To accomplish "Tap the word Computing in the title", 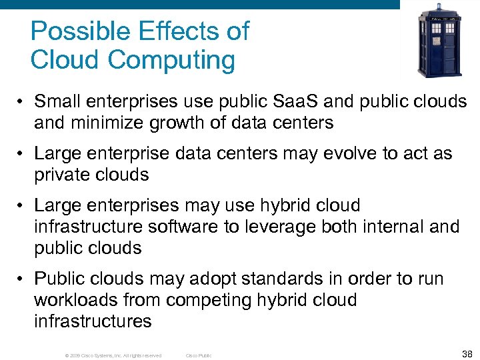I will [171, 60].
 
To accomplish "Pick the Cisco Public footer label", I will [198, 355].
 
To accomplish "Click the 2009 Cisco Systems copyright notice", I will [113, 355].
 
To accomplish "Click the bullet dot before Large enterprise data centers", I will [23, 154].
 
